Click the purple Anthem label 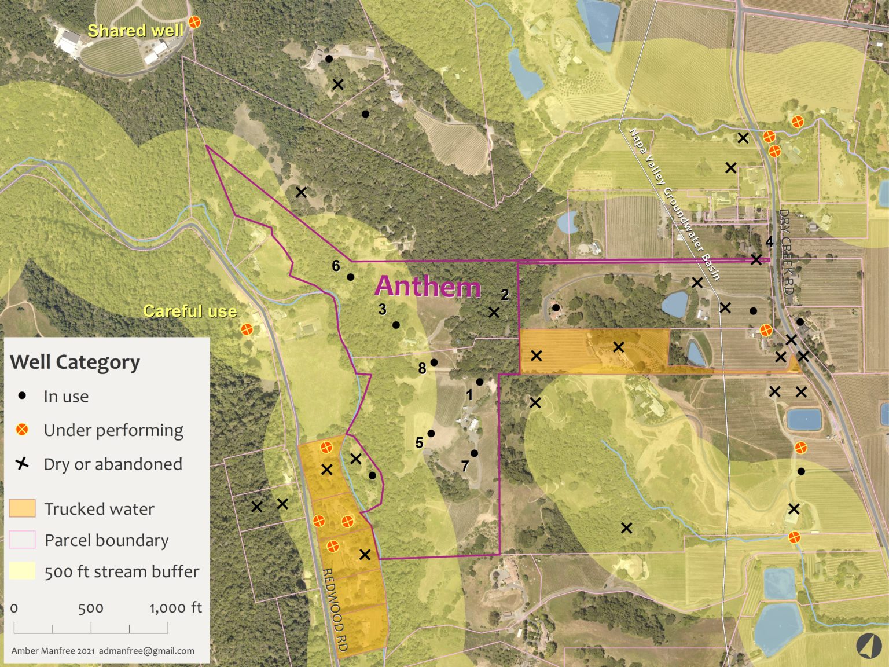(x=428, y=287)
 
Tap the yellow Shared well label (x=135, y=30)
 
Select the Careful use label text (x=190, y=311)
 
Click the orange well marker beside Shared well (x=195, y=23)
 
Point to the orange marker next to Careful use (x=247, y=329)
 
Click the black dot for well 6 (x=350, y=277)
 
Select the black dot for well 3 (x=396, y=325)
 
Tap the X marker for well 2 (x=494, y=313)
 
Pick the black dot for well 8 (x=434, y=362)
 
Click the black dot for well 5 (x=431, y=433)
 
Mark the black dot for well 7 (x=474, y=453)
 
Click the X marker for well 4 (x=756, y=259)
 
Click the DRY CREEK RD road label (x=785, y=252)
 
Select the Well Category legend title (x=75, y=362)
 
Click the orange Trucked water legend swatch (x=23, y=508)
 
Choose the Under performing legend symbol (x=22, y=430)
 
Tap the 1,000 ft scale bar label (x=175, y=607)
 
